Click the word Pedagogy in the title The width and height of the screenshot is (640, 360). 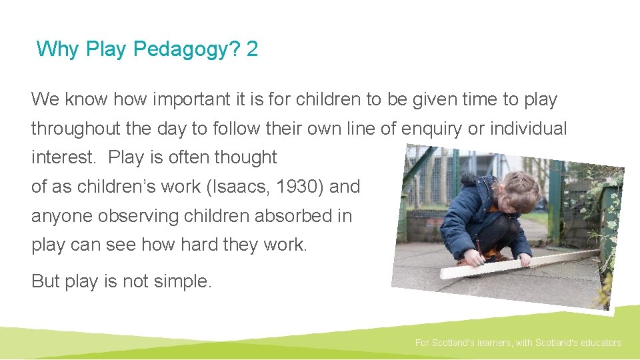tap(181, 49)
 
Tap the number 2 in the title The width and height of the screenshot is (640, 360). tap(251, 49)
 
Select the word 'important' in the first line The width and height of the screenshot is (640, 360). tap(184, 100)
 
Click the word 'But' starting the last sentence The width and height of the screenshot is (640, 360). tap(45, 281)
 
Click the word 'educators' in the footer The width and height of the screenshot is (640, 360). tap(598, 343)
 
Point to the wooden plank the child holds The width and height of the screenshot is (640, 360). tap(527, 262)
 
